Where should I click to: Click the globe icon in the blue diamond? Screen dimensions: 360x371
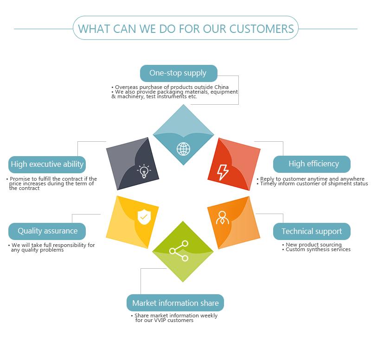coord(183,149)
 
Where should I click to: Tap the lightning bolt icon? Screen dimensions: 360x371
coord(223,171)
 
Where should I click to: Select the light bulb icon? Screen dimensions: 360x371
coord(144,171)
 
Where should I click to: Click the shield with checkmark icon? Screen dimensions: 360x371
coord(143,216)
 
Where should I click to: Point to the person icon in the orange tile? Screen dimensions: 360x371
coord(223,217)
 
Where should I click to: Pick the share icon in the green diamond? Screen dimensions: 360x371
coord(179,251)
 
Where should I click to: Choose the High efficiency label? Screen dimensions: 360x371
coord(312,164)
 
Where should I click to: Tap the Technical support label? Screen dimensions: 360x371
coord(312,231)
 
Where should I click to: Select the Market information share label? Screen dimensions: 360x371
coord(175,303)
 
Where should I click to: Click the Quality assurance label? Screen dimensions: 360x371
coord(47,231)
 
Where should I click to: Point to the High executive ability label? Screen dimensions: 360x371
coord(47,164)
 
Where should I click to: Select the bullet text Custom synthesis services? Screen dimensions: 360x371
coord(318,249)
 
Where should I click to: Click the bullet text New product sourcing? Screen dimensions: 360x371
coord(313,245)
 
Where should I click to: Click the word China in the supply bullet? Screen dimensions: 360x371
coord(221,87)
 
